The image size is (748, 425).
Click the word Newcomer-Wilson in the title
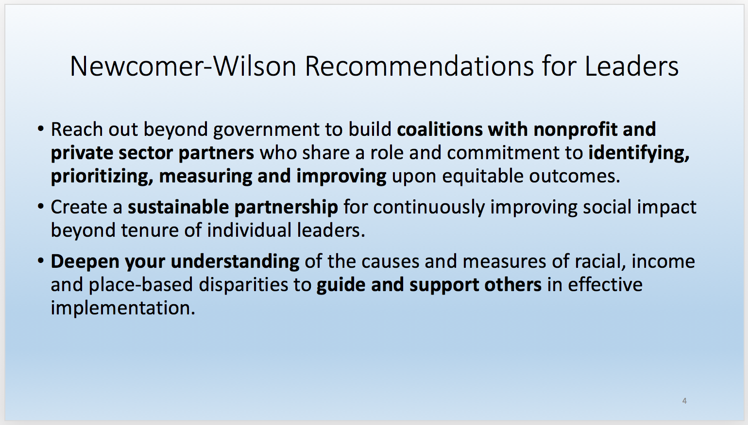pos(183,66)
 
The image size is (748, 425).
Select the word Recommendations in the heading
pos(420,66)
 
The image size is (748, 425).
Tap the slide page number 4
pos(684,401)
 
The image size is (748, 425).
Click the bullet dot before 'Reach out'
pos(41,129)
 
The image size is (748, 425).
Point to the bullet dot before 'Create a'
pos(41,207)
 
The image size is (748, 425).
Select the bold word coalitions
pos(440,129)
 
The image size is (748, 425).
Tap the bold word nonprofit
pos(576,130)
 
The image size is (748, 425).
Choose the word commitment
pos(503,153)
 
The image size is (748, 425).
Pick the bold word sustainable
pos(178,207)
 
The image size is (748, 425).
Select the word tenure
pos(150,230)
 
